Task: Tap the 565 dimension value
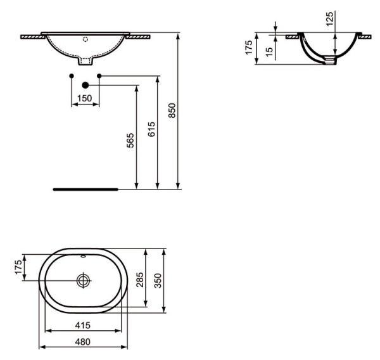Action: tap(130, 141)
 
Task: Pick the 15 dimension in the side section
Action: tap(269, 51)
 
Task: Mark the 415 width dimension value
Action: tap(84, 325)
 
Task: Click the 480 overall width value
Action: tap(84, 342)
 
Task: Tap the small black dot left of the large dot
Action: tap(72, 77)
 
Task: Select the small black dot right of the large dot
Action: tap(99, 77)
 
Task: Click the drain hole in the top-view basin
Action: tap(84, 280)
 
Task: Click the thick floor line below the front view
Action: tap(85, 189)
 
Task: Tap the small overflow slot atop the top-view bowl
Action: tap(84, 257)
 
